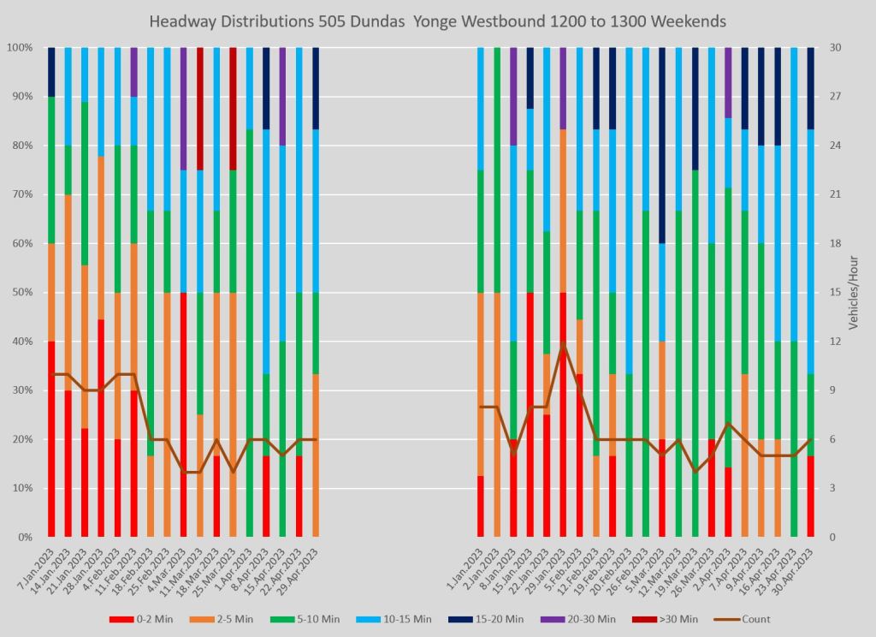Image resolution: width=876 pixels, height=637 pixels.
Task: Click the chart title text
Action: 437,21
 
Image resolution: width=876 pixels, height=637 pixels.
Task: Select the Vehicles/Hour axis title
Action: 854,293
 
